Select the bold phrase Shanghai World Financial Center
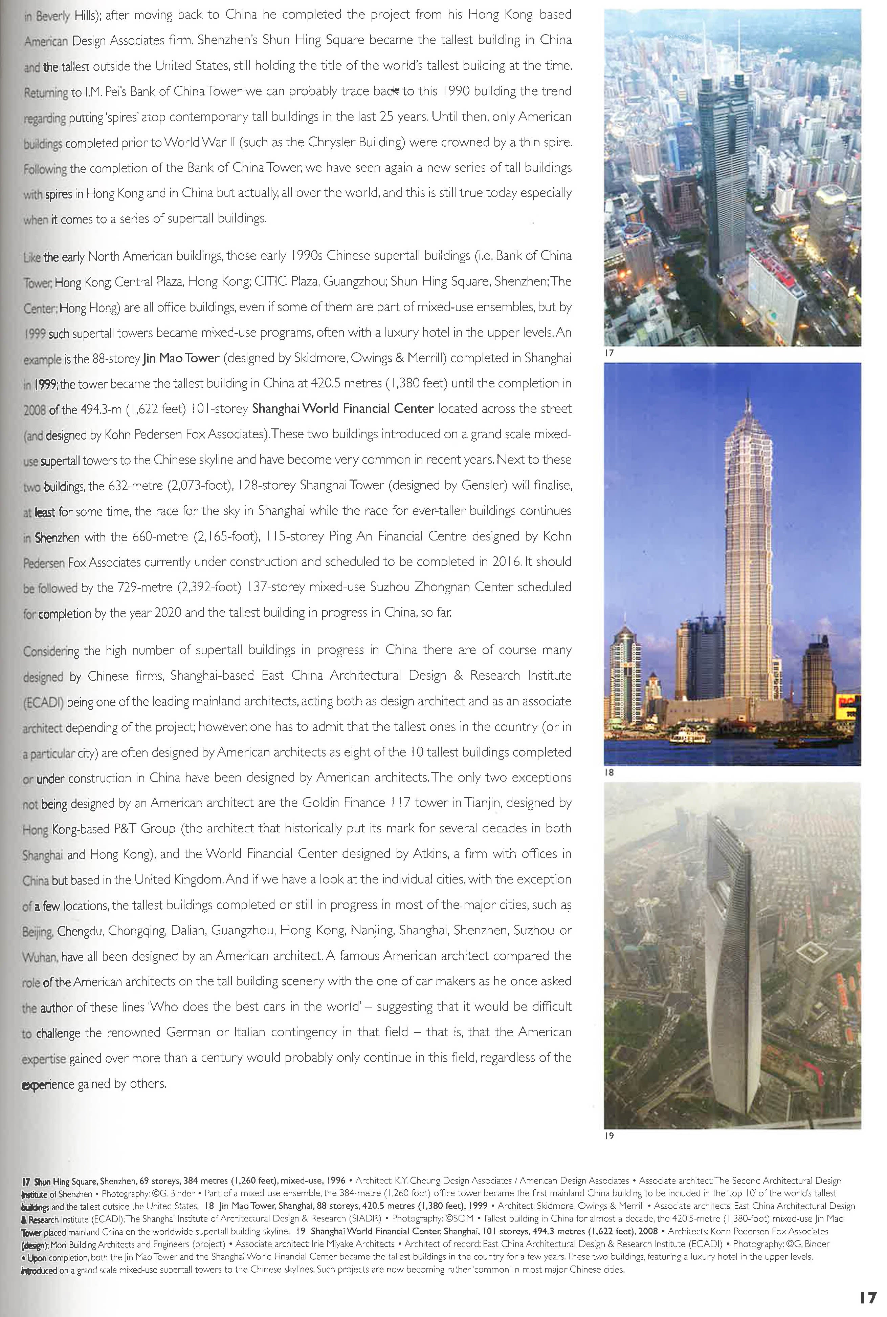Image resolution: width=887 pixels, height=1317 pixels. pyautogui.click(x=342, y=409)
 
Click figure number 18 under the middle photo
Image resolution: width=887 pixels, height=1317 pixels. pyautogui.click(x=609, y=772)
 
